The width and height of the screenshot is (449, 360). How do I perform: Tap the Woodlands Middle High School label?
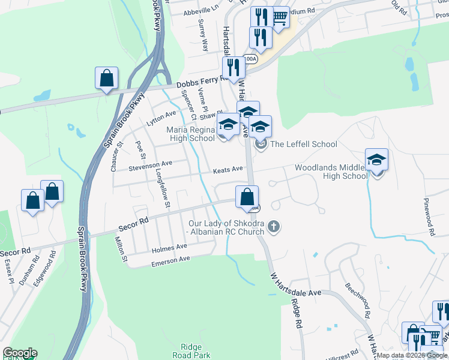[x=331, y=172]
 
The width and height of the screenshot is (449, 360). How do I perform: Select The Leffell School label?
[x=304, y=144]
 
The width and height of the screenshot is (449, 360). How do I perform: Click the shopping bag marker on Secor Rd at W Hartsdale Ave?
[x=247, y=197]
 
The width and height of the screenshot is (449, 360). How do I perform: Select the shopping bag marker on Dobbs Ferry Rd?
[x=106, y=79]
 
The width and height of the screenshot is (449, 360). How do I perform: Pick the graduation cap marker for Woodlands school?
[x=376, y=160]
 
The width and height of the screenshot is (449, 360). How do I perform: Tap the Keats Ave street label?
[x=228, y=170]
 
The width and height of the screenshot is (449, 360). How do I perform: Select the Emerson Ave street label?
[x=170, y=259]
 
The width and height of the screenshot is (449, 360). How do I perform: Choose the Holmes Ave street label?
[x=169, y=247]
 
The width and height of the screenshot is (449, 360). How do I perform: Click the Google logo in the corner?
[x=19, y=352]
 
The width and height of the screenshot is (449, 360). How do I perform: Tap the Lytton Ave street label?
[x=161, y=118]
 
